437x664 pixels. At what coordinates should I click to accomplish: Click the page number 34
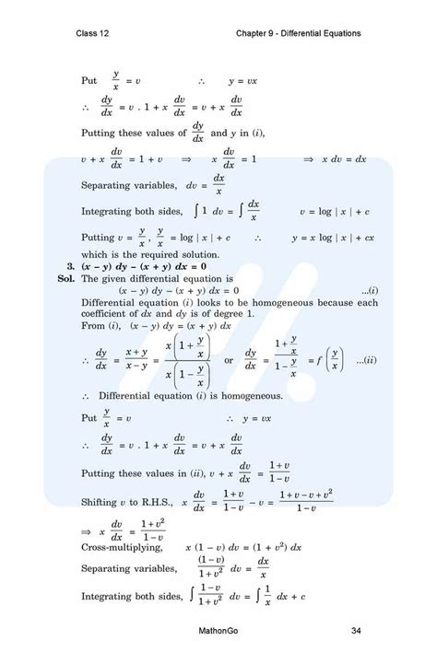coord(356,631)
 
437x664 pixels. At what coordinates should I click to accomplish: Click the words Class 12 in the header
coord(96,34)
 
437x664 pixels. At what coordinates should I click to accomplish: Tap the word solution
coord(199,253)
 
